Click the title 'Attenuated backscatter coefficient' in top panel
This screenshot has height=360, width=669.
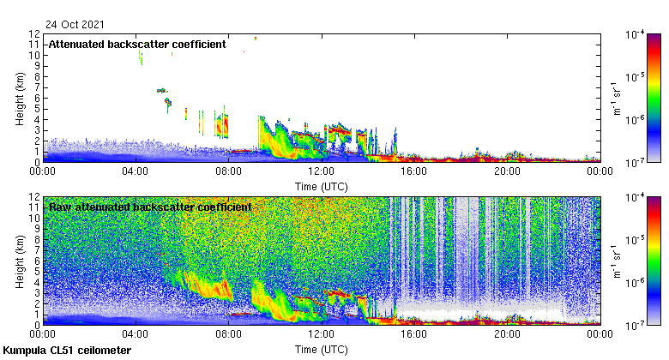136,45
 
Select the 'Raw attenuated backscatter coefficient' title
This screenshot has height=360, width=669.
149,207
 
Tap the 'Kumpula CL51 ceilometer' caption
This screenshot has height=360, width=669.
67,351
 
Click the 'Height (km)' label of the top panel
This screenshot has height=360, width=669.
20,98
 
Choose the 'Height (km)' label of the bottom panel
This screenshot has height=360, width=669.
20,261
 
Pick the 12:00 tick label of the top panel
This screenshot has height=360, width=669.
321,171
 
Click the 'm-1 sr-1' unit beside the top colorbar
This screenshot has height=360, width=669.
615,98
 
